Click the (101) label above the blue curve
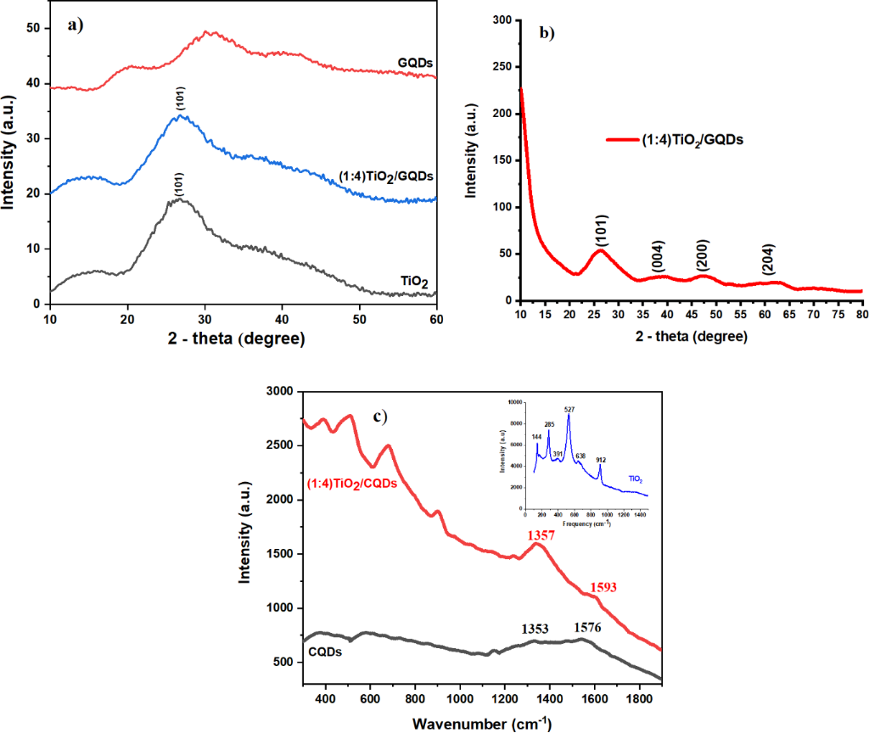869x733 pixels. coord(182,98)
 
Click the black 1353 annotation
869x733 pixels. coord(536,629)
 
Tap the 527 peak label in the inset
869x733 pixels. coord(569,409)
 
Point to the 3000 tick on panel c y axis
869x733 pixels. coord(278,392)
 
